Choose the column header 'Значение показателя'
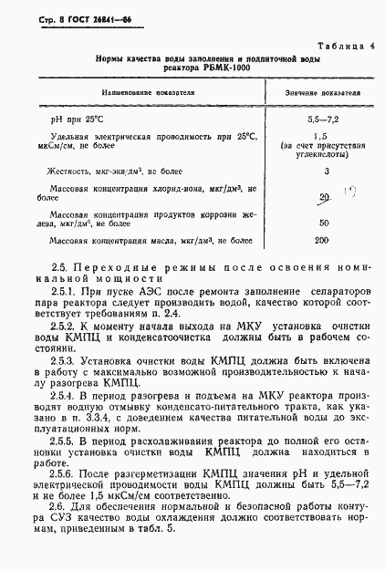click(x=322, y=93)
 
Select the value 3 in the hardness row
click(x=326, y=171)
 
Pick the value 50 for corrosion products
click(x=324, y=222)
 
